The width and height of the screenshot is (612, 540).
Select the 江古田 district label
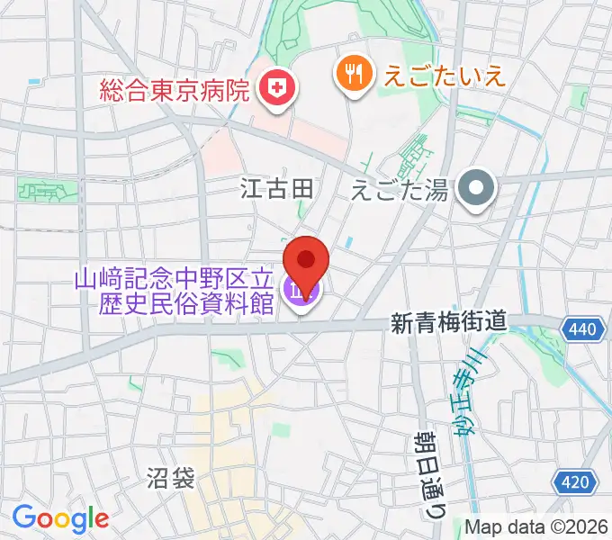click(276, 188)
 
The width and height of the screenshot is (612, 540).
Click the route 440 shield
click(582, 330)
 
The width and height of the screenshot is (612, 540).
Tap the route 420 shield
click(573, 483)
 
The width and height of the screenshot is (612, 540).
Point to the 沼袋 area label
click(170, 478)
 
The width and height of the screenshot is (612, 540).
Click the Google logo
click(59, 518)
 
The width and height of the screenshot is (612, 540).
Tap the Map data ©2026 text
click(535, 526)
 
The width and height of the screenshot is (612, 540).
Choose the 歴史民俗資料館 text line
click(186, 303)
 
